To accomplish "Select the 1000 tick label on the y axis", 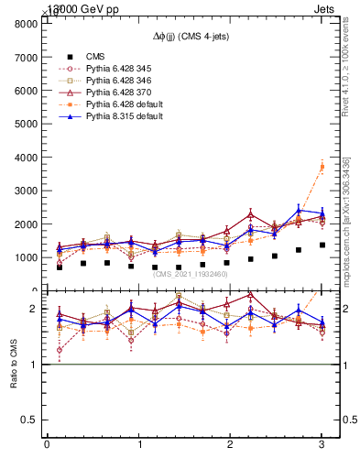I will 26,257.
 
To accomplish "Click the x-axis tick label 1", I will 138,445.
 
